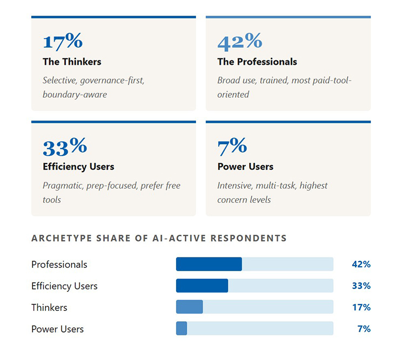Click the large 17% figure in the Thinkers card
pyautogui.click(x=62, y=42)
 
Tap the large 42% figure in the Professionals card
pyautogui.click(x=239, y=42)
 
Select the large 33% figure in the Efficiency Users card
pyautogui.click(x=65, y=147)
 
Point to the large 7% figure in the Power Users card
pyautogui.click(x=232, y=147)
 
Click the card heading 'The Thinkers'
pyautogui.click(x=72, y=62)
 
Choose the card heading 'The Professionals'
pyautogui.click(x=257, y=62)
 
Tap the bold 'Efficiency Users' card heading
pyautogui.click(x=78, y=166)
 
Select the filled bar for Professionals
pyautogui.click(x=209, y=264)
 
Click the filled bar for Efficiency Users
pyautogui.click(x=202, y=286)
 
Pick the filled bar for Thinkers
pyautogui.click(x=190, y=307)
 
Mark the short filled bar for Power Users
pyautogui.click(x=181, y=328)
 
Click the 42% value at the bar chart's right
pyautogui.click(x=361, y=264)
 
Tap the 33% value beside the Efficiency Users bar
pyautogui.click(x=361, y=286)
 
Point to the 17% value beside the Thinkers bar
pyautogui.click(x=361, y=307)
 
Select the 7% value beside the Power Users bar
pyautogui.click(x=364, y=328)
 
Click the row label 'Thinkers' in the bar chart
pyautogui.click(x=49, y=307)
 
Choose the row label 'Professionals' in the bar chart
pyautogui.click(x=59, y=264)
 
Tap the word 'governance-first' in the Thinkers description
pyautogui.click(x=112, y=80)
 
